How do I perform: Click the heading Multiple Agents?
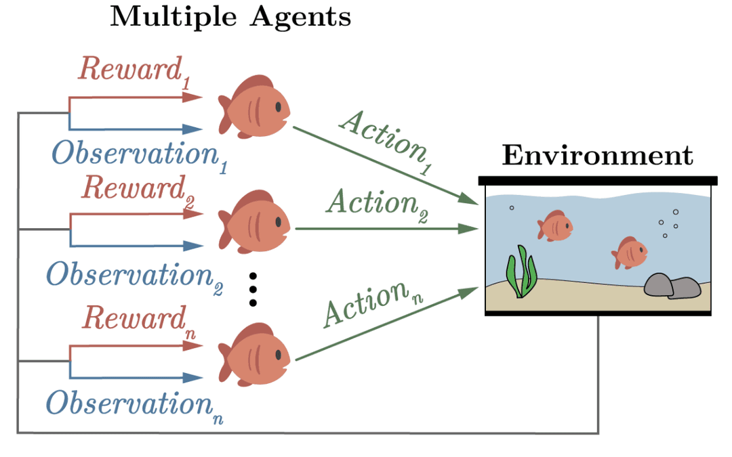(x=230, y=16)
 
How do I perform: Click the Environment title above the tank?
(x=598, y=155)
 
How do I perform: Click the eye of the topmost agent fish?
(x=279, y=107)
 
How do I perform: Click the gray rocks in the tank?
(x=672, y=286)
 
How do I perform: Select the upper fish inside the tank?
(x=554, y=225)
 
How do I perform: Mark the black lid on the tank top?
(x=598, y=181)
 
